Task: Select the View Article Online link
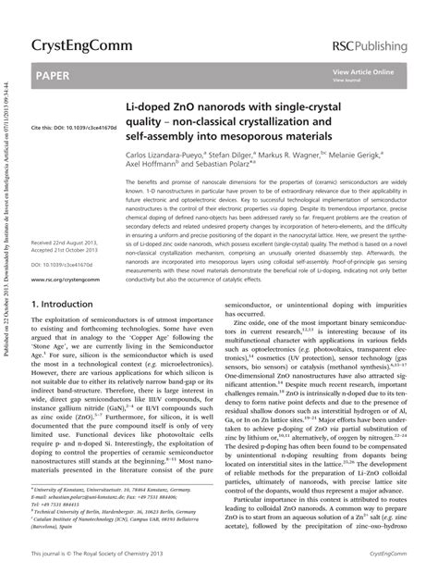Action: point(363,71)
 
